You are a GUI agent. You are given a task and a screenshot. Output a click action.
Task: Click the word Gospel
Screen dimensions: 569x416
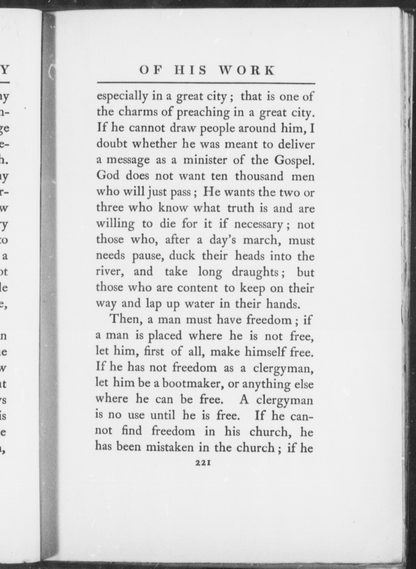(x=294, y=160)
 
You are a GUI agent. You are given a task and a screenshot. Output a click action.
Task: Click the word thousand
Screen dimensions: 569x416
(x=259, y=176)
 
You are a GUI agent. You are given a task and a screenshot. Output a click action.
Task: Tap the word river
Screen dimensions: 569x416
(x=109, y=272)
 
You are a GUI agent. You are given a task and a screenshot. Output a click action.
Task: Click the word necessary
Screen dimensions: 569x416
(x=258, y=225)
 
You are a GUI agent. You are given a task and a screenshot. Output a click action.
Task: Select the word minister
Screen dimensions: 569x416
(x=205, y=160)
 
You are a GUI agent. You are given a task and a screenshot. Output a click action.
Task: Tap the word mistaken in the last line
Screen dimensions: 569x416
(x=167, y=447)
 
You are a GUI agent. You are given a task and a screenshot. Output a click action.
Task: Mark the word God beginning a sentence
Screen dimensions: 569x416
(x=108, y=176)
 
